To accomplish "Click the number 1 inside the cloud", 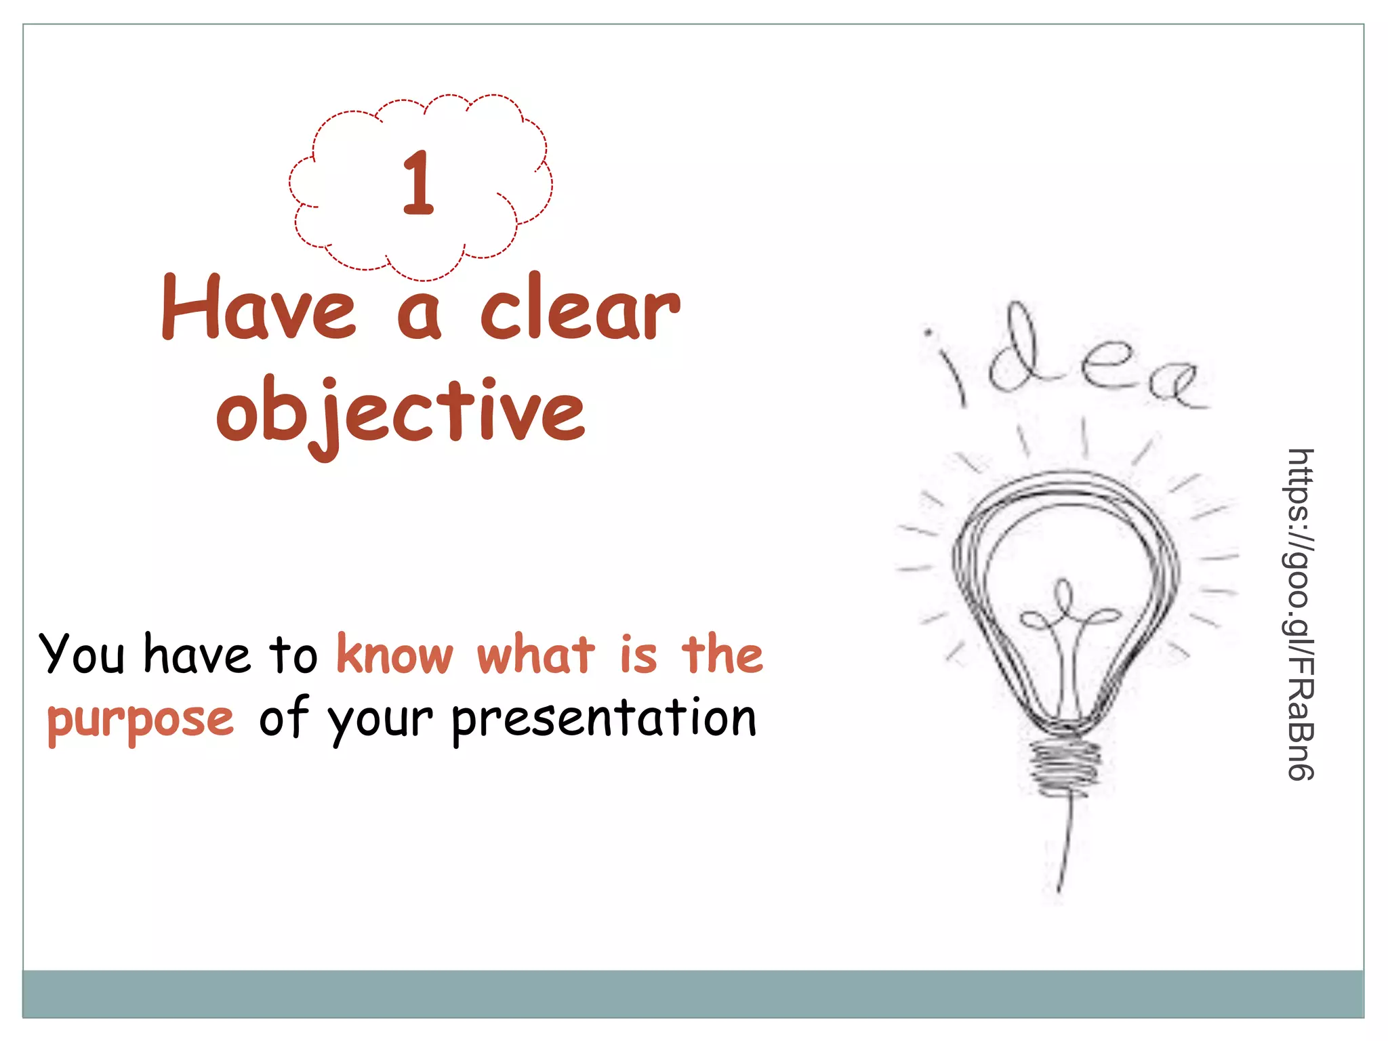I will pyautogui.click(x=417, y=183).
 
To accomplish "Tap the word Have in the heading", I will pyautogui.click(x=258, y=309).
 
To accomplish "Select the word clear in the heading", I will pyautogui.click(x=579, y=309).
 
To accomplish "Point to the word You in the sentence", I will pyautogui.click(x=82, y=655).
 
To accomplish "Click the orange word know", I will pyautogui.click(x=395, y=655).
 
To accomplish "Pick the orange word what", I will pyautogui.click(x=535, y=655).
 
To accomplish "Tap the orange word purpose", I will pyautogui.click(x=140, y=720).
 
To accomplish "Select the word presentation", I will pyautogui.click(x=604, y=720).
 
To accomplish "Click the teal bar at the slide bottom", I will pyautogui.click(x=693, y=994).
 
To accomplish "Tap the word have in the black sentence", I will pyautogui.click(x=197, y=655).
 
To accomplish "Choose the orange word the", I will pyautogui.click(x=722, y=655).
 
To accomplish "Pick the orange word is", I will pyautogui.click(x=638, y=655).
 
